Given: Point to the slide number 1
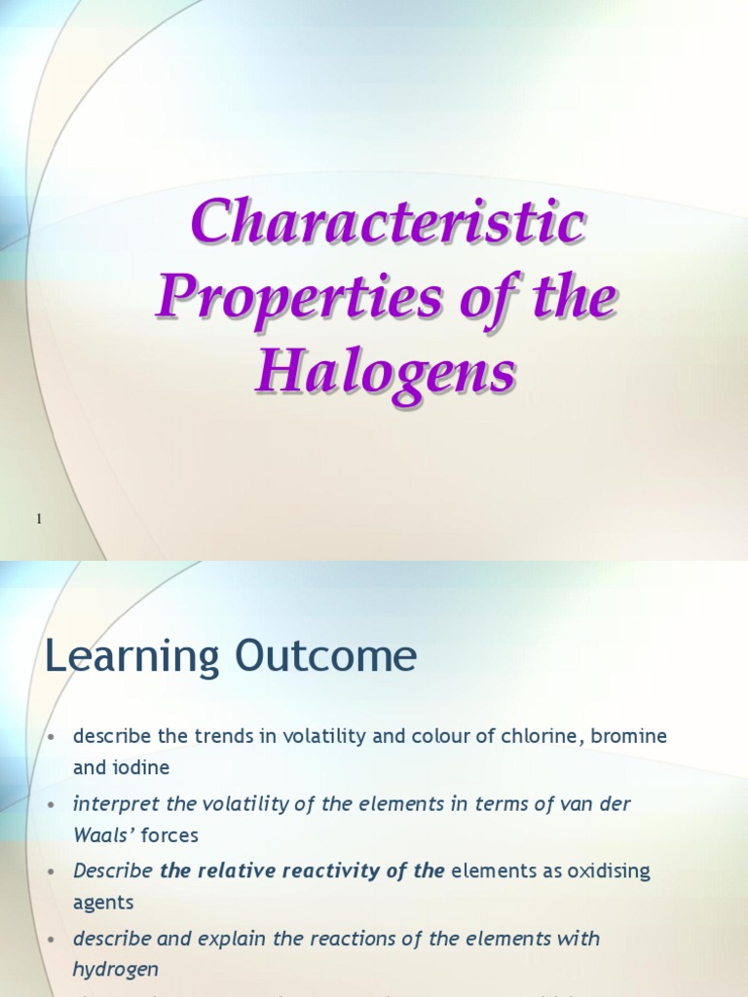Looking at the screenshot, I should [x=39, y=520].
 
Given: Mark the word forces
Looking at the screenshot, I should [x=169, y=834].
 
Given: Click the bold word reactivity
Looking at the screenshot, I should [x=334, y=870].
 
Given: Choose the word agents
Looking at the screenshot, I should [x=103, y=902].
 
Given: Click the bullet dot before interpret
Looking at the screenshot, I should [x=52, y=804].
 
